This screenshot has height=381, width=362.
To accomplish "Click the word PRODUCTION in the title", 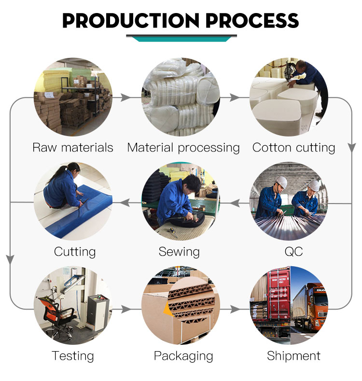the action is tap(131, 21).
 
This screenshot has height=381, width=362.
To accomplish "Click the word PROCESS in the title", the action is tap(252, 21).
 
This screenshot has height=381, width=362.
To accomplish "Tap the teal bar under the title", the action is tap(181, 39).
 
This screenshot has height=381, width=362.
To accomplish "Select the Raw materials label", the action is tap(73, 148).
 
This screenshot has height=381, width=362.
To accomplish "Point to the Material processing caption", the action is tap(183, 148).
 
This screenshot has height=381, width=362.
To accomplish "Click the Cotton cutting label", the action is tap(293, 148).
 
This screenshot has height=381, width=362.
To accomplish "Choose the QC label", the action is tap(293, 252).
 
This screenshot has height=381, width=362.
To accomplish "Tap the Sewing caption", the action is tap(179, 252).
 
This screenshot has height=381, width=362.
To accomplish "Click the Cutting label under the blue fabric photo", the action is tap(75, 252).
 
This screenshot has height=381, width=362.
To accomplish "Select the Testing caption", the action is tap(73, 356).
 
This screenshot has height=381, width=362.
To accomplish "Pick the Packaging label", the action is tap(183, 356).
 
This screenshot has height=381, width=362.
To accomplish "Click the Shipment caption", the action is tap(293, 356).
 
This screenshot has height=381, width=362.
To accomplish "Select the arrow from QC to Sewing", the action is tap(235, 203).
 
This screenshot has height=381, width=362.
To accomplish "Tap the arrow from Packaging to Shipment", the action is tap(235, 309).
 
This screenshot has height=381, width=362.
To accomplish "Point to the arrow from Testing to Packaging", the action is tap(126, 309).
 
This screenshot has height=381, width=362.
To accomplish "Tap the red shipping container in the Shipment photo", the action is tap(279, 294).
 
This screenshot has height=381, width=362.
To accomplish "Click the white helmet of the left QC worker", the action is tap(281, 182).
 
